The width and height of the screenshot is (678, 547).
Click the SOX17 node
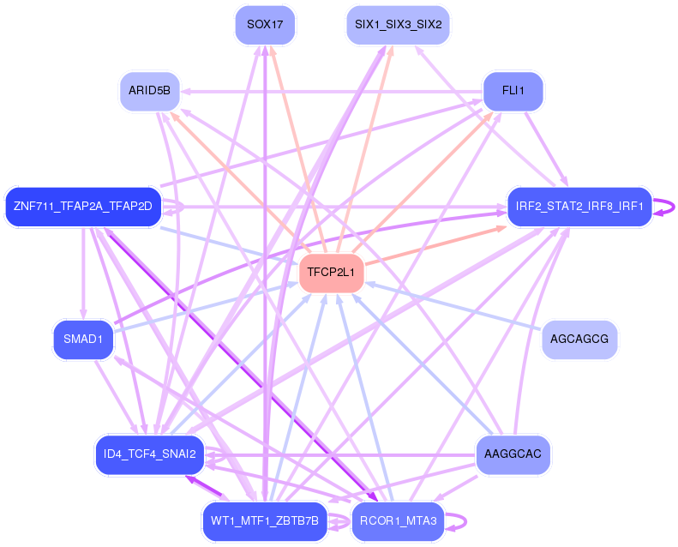pyautogui.click(x=265, y=25)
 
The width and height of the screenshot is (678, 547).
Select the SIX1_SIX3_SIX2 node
pyautogui.click(x=398, y=25)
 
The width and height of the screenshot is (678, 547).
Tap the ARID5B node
pyautogui.click(x=149, y=90)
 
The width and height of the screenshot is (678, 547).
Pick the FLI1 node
pyautogui.click(x=514, y=90)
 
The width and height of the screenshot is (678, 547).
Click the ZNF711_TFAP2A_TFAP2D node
pyautogui.click(x=82, y=207)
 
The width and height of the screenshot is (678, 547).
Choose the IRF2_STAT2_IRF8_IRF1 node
pyautogui.click(x=579, y=207)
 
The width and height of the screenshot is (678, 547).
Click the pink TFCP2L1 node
pyautogui.click(x=331, y=273)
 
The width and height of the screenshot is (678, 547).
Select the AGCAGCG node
pyautogui.click(x=579, y=340)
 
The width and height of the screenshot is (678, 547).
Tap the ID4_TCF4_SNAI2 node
pyautogui.click(x=149, y=454)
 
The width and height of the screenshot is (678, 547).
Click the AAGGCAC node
pyautogui.click(x=513, y=454)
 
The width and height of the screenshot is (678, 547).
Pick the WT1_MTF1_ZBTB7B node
pyautogui.click(x=265, y=520)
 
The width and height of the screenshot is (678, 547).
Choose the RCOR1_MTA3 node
pyautogui.click(x=398, y=520)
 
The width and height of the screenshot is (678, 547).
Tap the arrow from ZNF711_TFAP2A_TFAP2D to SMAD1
pyautogui.click(x=82, y=274)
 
